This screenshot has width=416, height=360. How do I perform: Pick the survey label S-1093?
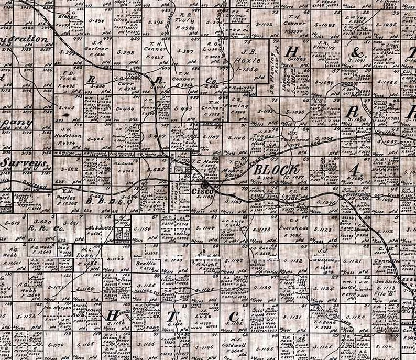pyautogui.click(x=325, y=25)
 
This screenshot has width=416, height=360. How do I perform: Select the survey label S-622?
pyautogui.click(x=69, y=169)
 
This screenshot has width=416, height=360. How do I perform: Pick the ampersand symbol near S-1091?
pyautogui.click(x=358, y=53)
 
